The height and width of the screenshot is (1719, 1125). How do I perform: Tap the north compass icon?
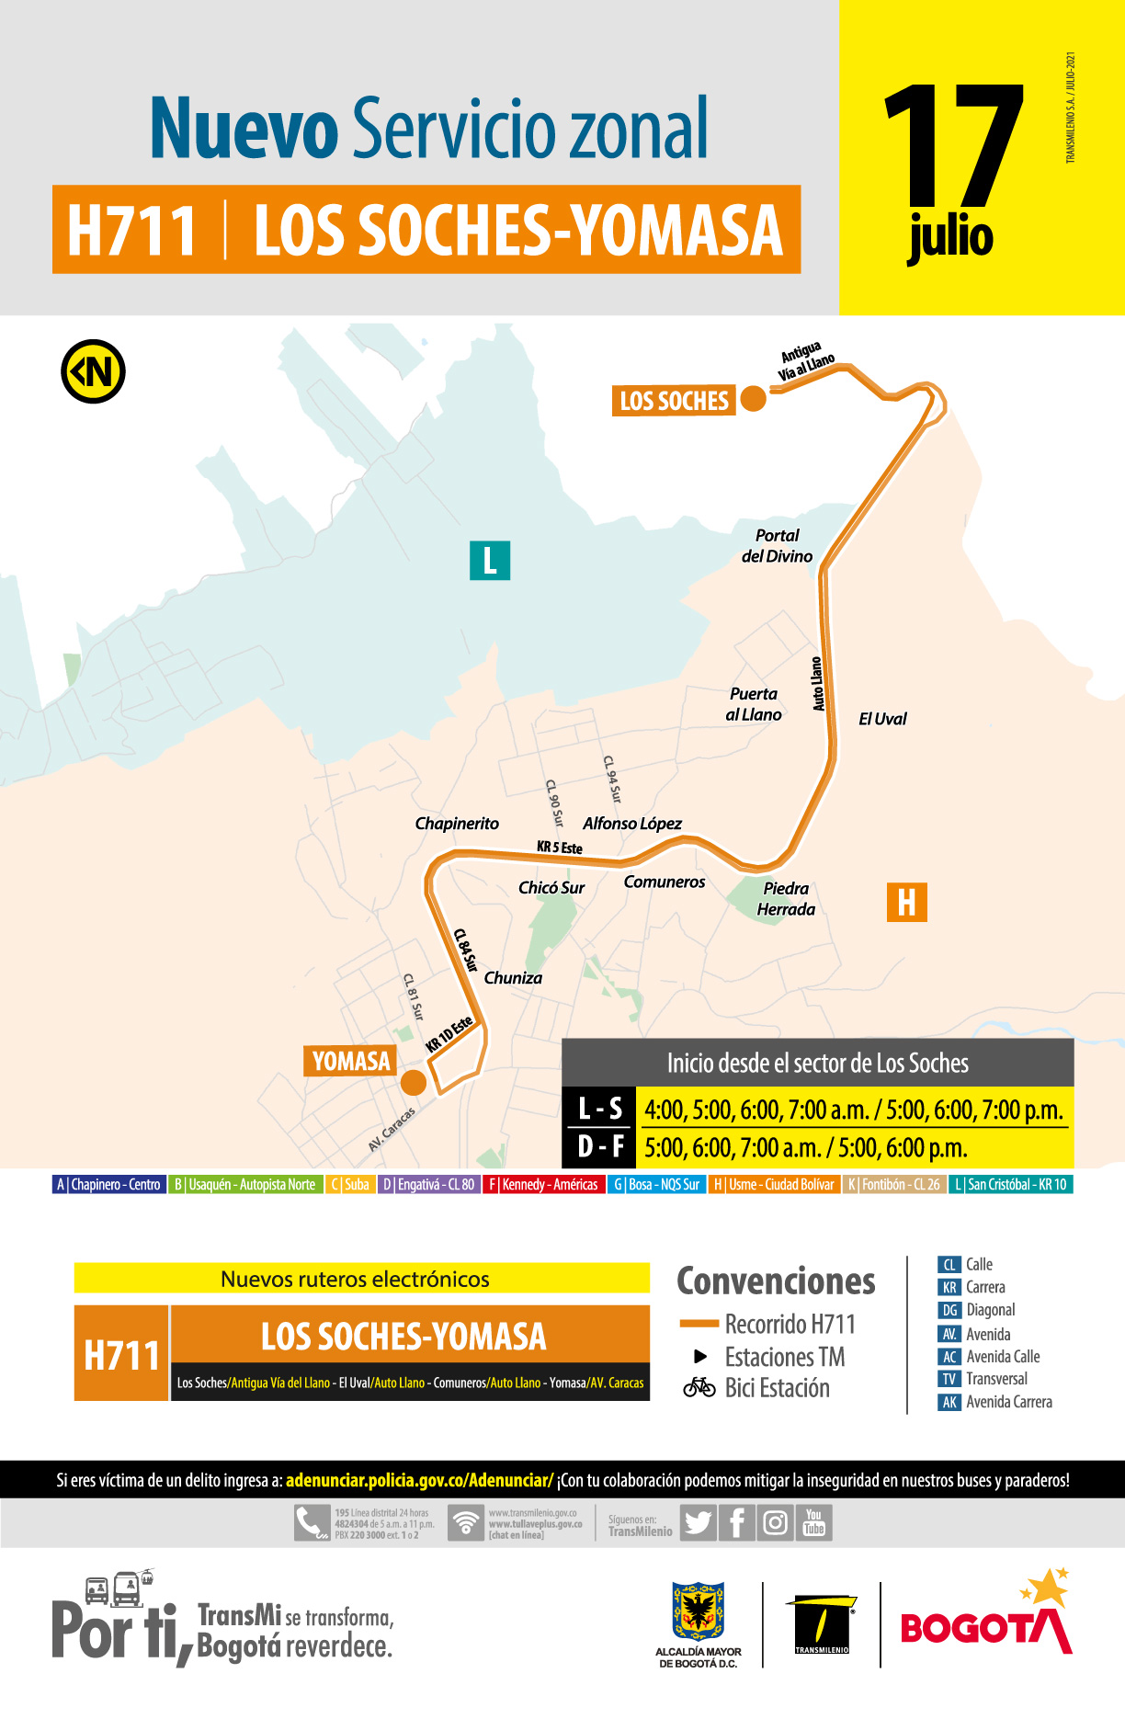[93, 372]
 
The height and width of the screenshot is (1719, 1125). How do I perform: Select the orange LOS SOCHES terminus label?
[674, 401]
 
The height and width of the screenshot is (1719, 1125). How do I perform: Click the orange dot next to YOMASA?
[414, 1083]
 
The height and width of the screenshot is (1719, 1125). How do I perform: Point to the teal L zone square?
[490, 560]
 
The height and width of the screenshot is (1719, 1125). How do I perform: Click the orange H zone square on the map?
[906, 902]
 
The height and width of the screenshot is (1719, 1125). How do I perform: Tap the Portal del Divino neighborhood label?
[777, 546]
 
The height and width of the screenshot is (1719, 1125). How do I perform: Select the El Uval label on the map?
[881, 719]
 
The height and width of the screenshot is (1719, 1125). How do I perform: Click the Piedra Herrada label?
[786, 899]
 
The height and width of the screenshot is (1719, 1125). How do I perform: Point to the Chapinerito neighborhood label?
[457, 824]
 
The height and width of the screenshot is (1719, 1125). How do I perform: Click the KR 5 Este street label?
[559, 847]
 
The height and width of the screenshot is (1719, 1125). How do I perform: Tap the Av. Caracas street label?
[392, 1129]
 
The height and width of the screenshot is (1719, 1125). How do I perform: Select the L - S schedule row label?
[600, 1109]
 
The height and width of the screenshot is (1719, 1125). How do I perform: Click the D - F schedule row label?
[600, 1146]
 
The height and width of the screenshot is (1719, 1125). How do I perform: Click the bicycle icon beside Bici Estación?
[699, 1387]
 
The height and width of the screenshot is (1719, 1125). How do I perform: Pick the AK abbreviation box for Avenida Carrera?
[949, 1402]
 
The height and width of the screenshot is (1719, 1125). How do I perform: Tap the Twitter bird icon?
[698, 1523]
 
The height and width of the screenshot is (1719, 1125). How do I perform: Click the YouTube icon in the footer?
[814, 1522]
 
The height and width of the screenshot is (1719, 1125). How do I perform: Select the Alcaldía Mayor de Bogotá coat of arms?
[698, 1611]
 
